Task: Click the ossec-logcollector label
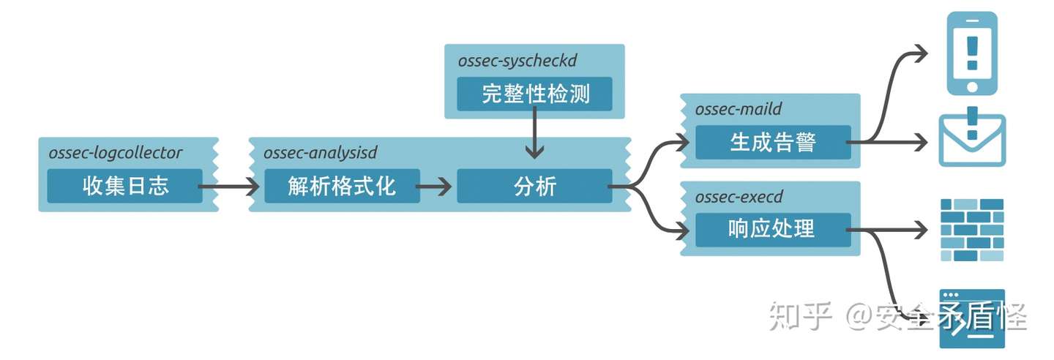point(116,152)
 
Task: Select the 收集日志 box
point(124,186)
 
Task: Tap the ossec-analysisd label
point(321,152)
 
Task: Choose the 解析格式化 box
point(342,186)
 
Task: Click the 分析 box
point(534,186)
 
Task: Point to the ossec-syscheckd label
point(517,61)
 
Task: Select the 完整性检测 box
point(534,94)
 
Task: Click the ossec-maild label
point(739,109)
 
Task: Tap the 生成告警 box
point(773,142)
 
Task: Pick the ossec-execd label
point(739,197)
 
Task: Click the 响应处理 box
point(773,230)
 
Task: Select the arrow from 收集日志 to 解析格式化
point(228,187)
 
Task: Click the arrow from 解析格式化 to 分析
point(433,187)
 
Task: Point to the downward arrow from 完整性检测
point(534,132)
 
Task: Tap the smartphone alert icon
point(972,53)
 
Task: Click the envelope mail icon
point(972,137)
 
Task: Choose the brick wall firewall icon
point(972,230)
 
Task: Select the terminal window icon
point(972,318)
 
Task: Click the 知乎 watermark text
point(801,316)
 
